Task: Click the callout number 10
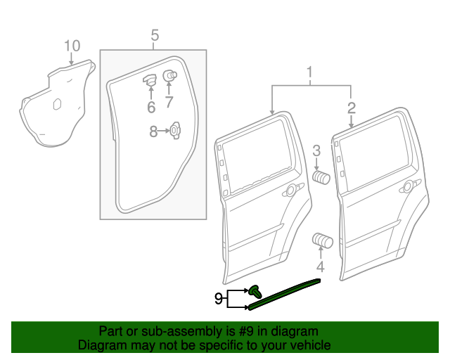coord(72,46)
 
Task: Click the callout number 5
coord(155,34)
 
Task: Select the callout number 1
coord(308,72)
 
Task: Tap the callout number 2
coord(351,108)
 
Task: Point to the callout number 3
coord(316,150)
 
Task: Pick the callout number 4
coord(320,267)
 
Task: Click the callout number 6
coord(150,107)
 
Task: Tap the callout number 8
coord(154,130)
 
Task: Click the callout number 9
coord(218,299)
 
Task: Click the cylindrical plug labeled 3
coord(321,176)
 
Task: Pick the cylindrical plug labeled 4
coord(322,240)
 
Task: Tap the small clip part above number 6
coord(150,79)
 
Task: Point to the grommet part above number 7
coord(169,76)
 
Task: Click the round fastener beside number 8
coord(174,129)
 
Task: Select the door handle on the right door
coord(407,187)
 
